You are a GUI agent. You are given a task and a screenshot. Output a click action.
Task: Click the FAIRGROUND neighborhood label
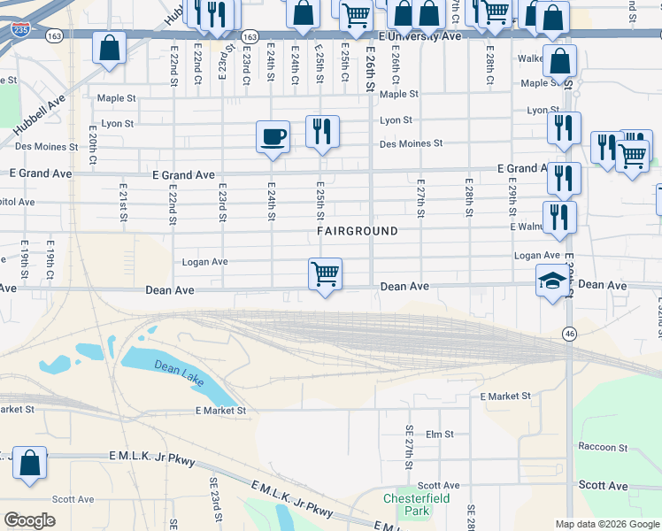(x=358, y=231)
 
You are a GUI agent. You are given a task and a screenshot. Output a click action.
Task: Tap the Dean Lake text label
(x=179, y=373)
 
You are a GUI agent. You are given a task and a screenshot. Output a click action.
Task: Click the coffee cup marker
(x=273, y=137)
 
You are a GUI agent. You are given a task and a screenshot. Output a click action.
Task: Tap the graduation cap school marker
(x=553, y=282)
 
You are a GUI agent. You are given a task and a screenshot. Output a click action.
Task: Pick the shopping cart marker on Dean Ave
(x=325, y=274)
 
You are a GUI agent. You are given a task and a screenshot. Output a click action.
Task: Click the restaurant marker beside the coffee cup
(x=322, y=132)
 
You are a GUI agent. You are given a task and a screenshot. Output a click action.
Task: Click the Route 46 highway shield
(x=568, y=333)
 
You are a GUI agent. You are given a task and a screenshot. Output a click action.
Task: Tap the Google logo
(x=31, y=519)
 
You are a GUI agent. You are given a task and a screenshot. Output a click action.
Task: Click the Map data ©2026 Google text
(x=606, y=524)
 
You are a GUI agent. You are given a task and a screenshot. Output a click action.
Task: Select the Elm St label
(x=439, y=435)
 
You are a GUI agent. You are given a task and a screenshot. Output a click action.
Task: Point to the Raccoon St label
(x=603, y=447)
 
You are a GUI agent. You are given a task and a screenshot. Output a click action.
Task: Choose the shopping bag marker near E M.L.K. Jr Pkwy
(x=29, y=464)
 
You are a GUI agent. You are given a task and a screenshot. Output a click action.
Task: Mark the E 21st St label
(x=124, y=204)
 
